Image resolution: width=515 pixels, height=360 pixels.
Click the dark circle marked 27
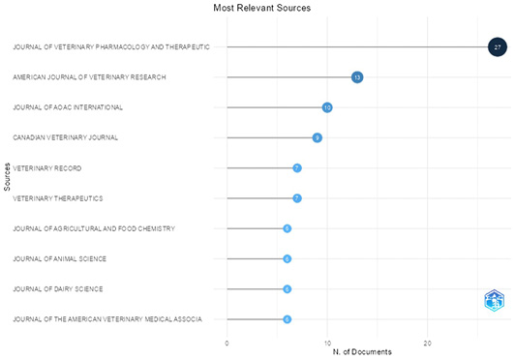click(x=498, y=47)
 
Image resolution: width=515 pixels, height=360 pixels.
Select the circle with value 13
click(x=357, y=77)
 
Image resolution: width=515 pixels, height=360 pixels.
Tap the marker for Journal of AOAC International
click(x=327, y=107)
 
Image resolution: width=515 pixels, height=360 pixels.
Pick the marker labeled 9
click(x=317, y=137)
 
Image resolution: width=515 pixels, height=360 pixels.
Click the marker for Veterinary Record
click(x=297, y=168)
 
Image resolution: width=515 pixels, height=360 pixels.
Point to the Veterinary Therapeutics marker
click(x=297, y=198)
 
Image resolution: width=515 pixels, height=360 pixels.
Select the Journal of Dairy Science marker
click(x=288, y=289)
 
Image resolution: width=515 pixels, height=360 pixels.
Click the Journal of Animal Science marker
click(x=288, y=258)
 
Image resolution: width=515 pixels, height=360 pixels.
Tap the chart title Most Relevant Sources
click(x=262, y=8)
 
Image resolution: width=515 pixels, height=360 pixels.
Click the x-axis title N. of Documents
click(x=362, y=352)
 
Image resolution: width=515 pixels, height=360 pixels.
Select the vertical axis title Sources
click(x=7, y=177)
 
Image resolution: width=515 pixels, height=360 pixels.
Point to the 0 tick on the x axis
click(x=227, y=344)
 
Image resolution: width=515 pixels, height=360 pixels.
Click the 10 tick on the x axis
click(x=327, y=344)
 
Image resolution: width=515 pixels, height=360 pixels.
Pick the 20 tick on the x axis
click(x=427, y=344)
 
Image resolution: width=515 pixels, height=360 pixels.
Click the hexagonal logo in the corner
click(x=494, y=300)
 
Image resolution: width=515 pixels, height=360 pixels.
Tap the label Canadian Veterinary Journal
click(x=66, y=137)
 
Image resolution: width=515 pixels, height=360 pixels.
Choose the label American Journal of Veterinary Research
click(x=89, y=77)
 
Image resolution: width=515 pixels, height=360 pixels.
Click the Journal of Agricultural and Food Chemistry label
click(x=94, y=228)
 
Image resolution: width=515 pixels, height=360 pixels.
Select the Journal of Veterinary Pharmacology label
click(x=111, y=47)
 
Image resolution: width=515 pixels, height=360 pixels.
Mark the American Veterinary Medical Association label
click(x=107, y=319)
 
